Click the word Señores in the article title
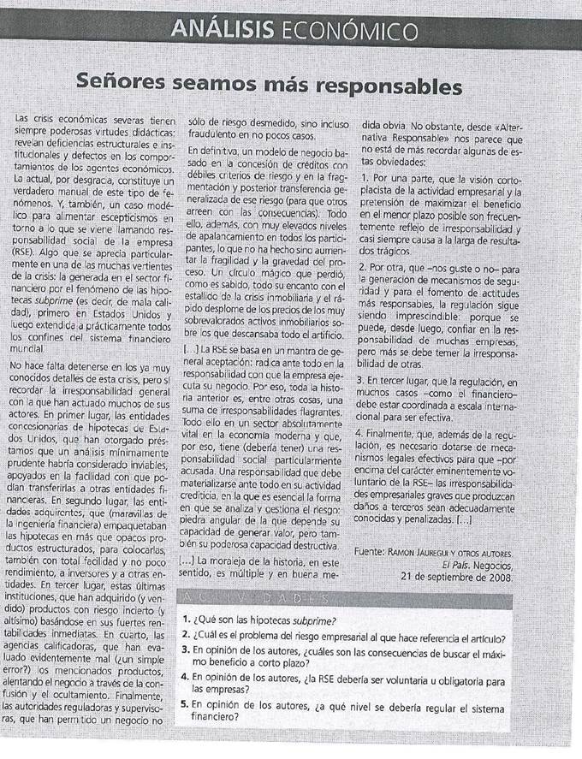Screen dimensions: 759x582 point(127,86)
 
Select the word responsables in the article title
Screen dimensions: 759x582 point(391,86)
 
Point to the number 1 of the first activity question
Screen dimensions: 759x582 point(187,620)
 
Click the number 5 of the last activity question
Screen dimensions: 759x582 point(187,708)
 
